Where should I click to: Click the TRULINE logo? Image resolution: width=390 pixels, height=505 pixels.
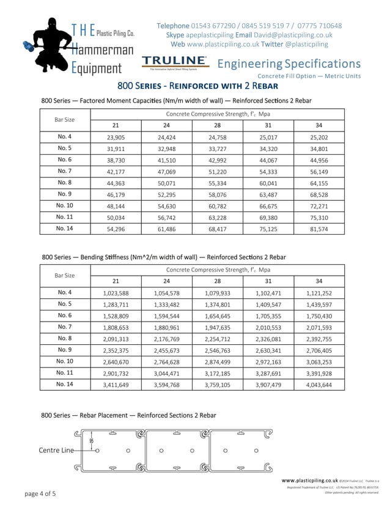click(x=175, y=61)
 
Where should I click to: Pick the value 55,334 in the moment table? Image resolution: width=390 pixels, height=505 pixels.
click(x=217, y=183)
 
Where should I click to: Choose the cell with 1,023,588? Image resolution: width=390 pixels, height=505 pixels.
click(x=116, y=293)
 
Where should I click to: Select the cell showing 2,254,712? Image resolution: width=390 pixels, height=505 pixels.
click(x=217, y=339)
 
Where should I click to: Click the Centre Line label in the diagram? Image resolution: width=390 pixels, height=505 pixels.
click(x=56, y=450)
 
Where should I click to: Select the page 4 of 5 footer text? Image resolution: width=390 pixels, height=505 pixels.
click(x=40, y=493)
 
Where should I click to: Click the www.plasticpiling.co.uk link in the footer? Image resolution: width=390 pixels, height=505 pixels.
click(x=309, y=481)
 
